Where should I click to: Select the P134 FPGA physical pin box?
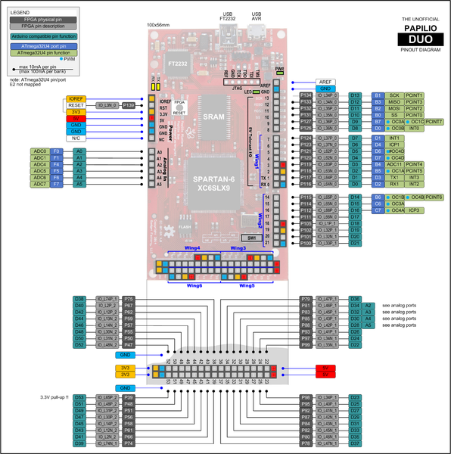click(x=306, y=95)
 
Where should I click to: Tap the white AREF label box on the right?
click(x=327, y=82)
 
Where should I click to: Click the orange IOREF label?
click(x=76, y=98)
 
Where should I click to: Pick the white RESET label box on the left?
click(x=76, y=105)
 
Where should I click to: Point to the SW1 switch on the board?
click(x=252, y=237)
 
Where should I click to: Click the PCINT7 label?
click(x=434, y=121)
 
